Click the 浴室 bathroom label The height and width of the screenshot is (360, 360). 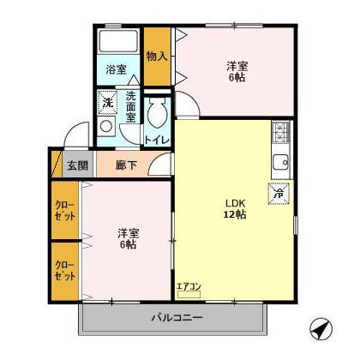pyautogui.click(x=117, y=69)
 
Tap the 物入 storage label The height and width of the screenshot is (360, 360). pyautogui.click(x=155, y=57)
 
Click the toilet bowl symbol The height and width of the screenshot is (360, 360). pyautogui.click(x=156, y=113)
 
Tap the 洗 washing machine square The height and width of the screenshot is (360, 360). pyautogui.click(x=107, y=104)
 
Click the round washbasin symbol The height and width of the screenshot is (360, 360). pyautogui.click(x=107, y=126)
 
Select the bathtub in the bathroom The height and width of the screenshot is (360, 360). pyautogui.click(x=117, y=42)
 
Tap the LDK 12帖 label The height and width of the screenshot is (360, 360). pyautogui.click(x=236, y=208)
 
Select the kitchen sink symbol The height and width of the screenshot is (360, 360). pyautogui.click(x=281, y=161)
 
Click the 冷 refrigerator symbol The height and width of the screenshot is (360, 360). pyautogui.click(x=279, y=195)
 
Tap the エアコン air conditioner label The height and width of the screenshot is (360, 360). pyautogui.click(x=189, y=286)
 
